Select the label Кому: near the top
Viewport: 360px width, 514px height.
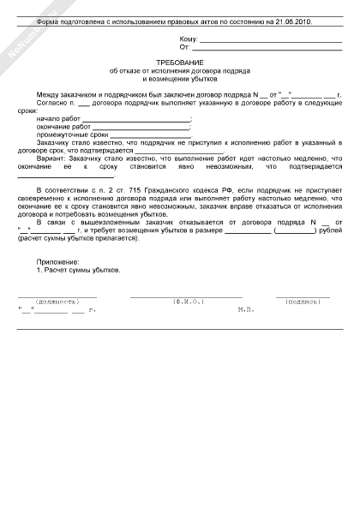(188, 39)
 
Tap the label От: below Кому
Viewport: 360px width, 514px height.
(184, 48)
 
